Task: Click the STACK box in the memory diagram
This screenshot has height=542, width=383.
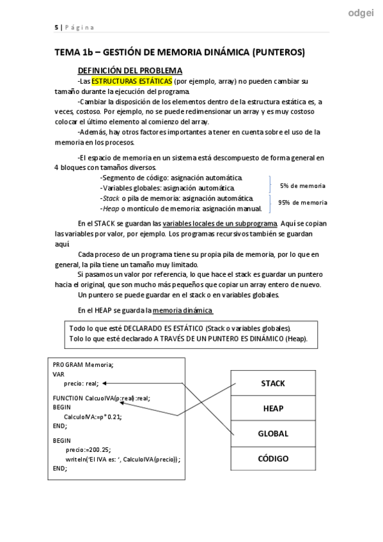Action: pyautogui.click(x=273, y=383)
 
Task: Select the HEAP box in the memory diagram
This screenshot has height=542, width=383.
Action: pyautogui.click(x=273, y=408)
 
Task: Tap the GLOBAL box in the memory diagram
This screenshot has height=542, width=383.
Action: pyautogui.click(x=273, y=433)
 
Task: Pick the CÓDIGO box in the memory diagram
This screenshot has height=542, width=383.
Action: pyautogui.click(x=273, y=458)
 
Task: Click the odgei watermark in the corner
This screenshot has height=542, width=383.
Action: pyautogui.click(x=361, y=13)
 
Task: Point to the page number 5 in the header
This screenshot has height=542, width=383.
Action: pyautogui.click(x=56, y=27)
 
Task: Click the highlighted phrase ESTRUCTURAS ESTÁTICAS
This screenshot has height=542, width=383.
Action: pyautogui.click(x=132, y=82)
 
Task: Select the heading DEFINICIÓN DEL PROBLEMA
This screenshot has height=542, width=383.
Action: pyautogui.click(x=130, y=70)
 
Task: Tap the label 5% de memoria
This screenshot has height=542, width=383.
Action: pyautogui.click(x=302, y=185)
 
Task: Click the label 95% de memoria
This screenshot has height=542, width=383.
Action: pyautogui.click(x=302, y=203)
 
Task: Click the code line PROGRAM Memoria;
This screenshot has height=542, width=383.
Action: pyautogui.click(x=83, y=364)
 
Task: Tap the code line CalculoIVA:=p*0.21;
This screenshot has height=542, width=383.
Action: pyautogui.click(x=93, y=416)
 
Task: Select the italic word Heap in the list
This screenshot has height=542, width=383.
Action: pyautogui.click(x=111, y=208)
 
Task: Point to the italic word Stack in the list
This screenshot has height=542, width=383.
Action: pyautogui.click(x=111, y=198)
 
